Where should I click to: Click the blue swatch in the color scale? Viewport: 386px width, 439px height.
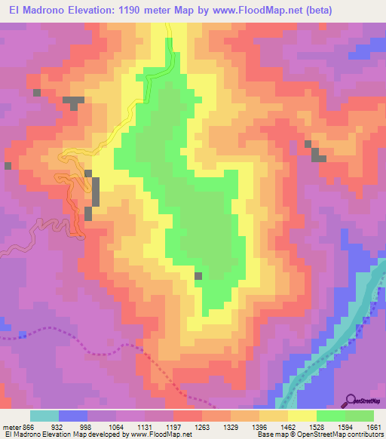pyautogui.click(x=72, y=416)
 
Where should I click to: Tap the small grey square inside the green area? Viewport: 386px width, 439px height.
pyautogui.click(x=198, y=276)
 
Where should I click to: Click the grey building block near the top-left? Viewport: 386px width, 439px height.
pyautogui.click(x=73, y=102)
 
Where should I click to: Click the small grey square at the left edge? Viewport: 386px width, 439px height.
pyautogui.click(x=8, y=165)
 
